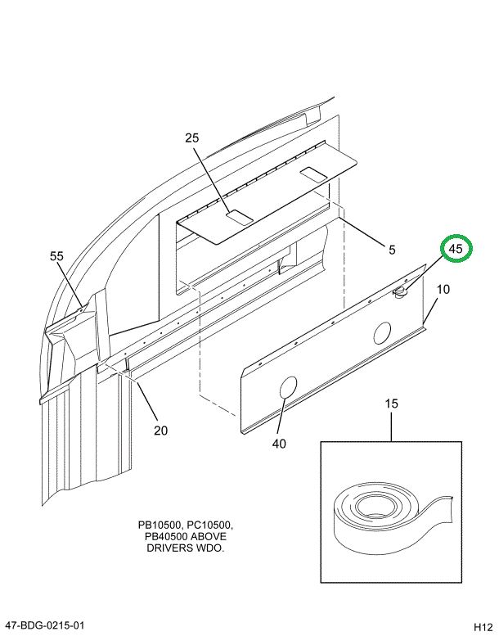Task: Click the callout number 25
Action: tap(192, 138)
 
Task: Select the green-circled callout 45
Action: tap(456, 248)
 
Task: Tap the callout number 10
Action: tap(443, 289)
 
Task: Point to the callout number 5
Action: tap(392, 250)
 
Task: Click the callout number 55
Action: tap(56, 256)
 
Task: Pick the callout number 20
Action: tap(160, 431)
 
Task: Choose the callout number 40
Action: tap(279, 444)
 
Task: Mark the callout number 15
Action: tap(391, 404)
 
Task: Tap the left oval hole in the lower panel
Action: tap(288, 387)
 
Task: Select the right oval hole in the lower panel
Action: tap(382, 332)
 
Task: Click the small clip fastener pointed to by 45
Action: tap(401, 291)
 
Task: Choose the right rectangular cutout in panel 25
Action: tap(314, 173)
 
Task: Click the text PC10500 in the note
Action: tap(214, 525)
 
